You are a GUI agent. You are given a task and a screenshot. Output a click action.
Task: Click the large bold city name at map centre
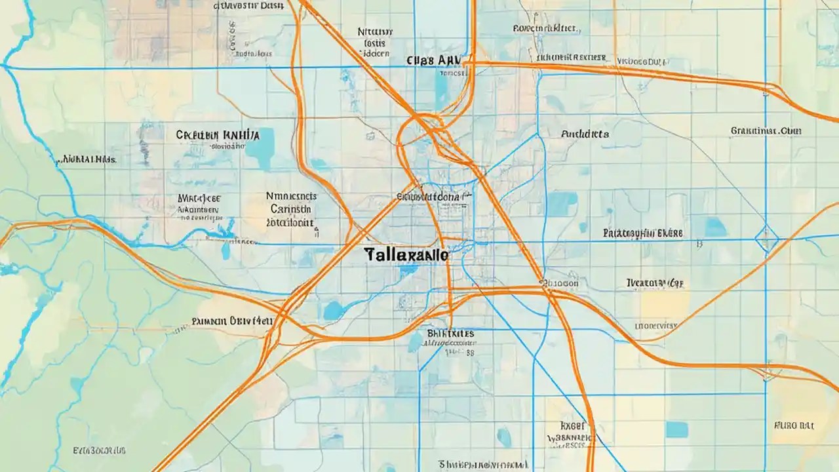(x=406, y=255)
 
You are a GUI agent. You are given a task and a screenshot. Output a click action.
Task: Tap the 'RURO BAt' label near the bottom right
(x=793, y=425)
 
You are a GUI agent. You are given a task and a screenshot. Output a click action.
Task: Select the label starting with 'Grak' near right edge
(x=766, y=131)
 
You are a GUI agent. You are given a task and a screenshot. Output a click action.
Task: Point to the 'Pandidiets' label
(x=585, y=134)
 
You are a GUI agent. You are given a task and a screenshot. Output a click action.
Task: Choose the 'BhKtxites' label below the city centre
(x=450, y=334)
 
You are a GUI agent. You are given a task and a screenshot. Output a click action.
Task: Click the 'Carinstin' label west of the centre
(x=290, y=208)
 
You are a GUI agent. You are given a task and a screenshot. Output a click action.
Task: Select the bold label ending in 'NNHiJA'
(x=218, y=135)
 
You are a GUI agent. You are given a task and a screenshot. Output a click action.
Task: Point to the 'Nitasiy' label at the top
(x=375, y=31)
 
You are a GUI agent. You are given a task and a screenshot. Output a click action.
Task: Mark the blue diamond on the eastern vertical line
(x=766, y=239)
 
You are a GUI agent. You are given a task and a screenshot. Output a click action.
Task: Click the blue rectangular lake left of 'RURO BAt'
(x=677, y=429)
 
